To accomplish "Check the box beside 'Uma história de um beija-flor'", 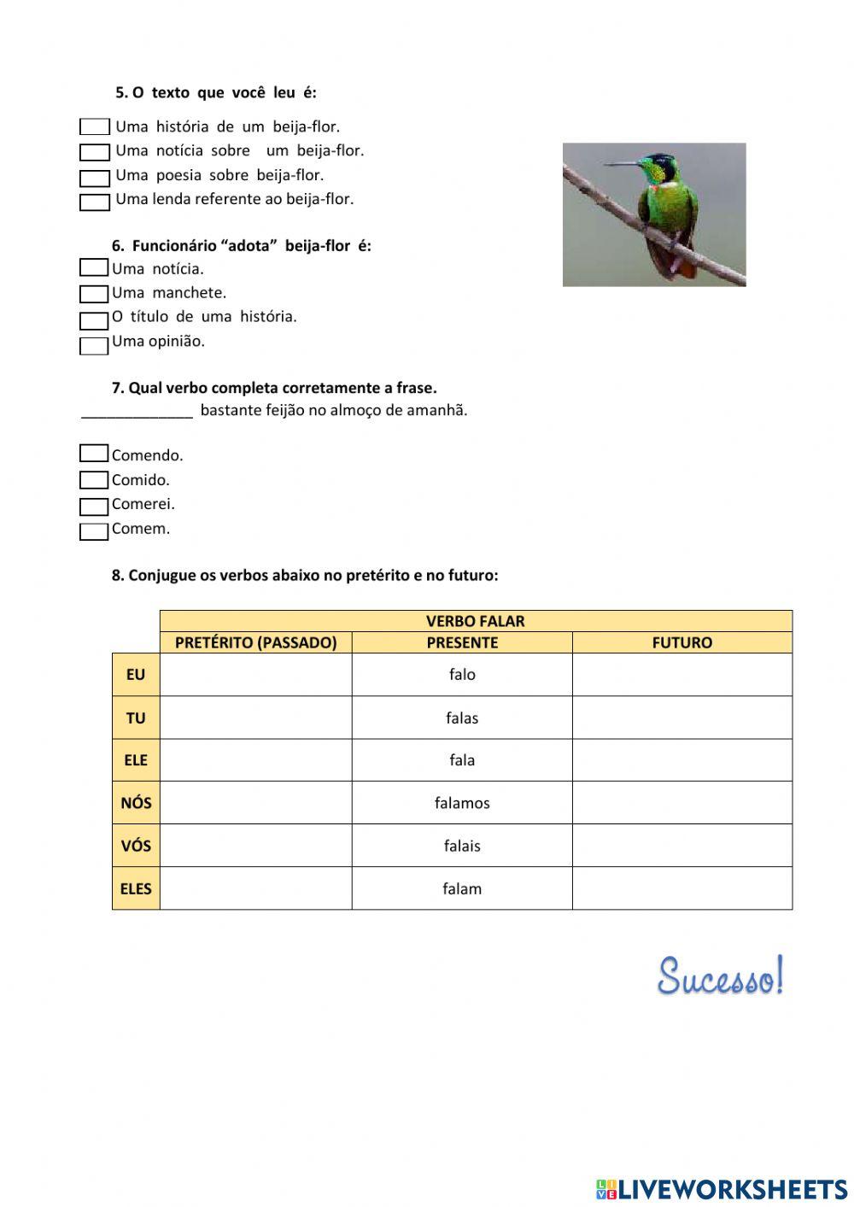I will coord(95,127).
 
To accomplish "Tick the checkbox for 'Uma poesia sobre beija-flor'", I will coord(95,179).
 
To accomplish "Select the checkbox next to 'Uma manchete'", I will coord(94,294).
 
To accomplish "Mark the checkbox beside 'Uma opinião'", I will coord(94,346).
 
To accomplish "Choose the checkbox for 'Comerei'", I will coord(94,507).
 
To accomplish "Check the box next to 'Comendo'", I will coord(94,454).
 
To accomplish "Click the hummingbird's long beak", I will coord(621,164).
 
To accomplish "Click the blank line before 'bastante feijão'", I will coord(137,411).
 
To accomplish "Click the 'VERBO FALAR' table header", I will coord(475,621).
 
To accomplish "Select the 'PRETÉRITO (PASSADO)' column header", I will coord(255,642).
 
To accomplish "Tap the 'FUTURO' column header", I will coord(681,642).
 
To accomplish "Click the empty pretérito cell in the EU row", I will coord(255,675).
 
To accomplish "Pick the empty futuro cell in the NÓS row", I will coord(681,803).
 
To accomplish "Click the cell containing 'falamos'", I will coord(462,803).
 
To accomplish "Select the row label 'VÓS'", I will coord(136,846).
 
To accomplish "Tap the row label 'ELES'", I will coord(136,888).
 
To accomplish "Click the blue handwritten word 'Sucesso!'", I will coord(720,976).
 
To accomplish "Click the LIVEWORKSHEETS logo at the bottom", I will coord(722,1188).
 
